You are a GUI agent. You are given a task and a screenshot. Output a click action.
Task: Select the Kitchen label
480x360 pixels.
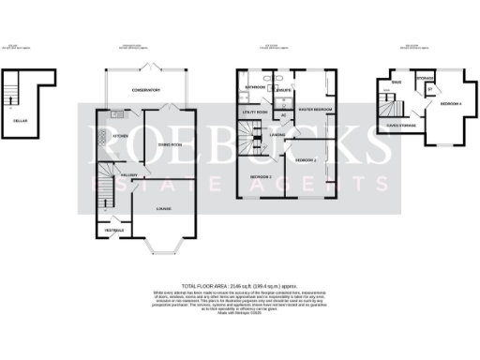[120, 135]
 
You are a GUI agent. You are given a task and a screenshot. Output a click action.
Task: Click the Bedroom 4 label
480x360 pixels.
[451, 105]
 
